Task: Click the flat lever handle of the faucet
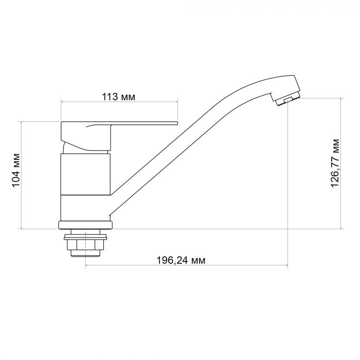tap(118, 123)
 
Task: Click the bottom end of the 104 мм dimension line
tap(21, 228)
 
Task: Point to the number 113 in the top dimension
tap(110, 97)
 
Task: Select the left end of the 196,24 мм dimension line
tap(85, 266)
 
